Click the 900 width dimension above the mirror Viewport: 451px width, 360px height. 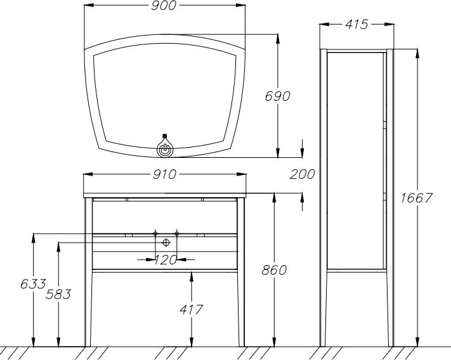point(164,6)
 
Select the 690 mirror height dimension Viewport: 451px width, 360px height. point(277,96)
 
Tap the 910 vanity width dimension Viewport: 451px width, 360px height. point(164,174)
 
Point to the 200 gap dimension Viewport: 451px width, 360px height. point(302,174)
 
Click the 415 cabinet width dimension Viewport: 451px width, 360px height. point(356,25)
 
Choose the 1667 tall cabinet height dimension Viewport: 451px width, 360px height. point(417,198)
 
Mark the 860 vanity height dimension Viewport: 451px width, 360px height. point(274,270)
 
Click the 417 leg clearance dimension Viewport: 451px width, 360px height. point(192,310)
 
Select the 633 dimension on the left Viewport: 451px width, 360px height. point(33,284)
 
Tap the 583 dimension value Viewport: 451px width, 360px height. point(58,294)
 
